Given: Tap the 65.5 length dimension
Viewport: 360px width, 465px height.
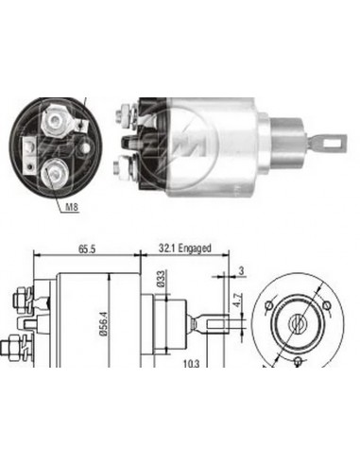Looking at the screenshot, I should (x=87, y=249).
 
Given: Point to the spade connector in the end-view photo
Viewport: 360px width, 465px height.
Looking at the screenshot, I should (x=30, y=146).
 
